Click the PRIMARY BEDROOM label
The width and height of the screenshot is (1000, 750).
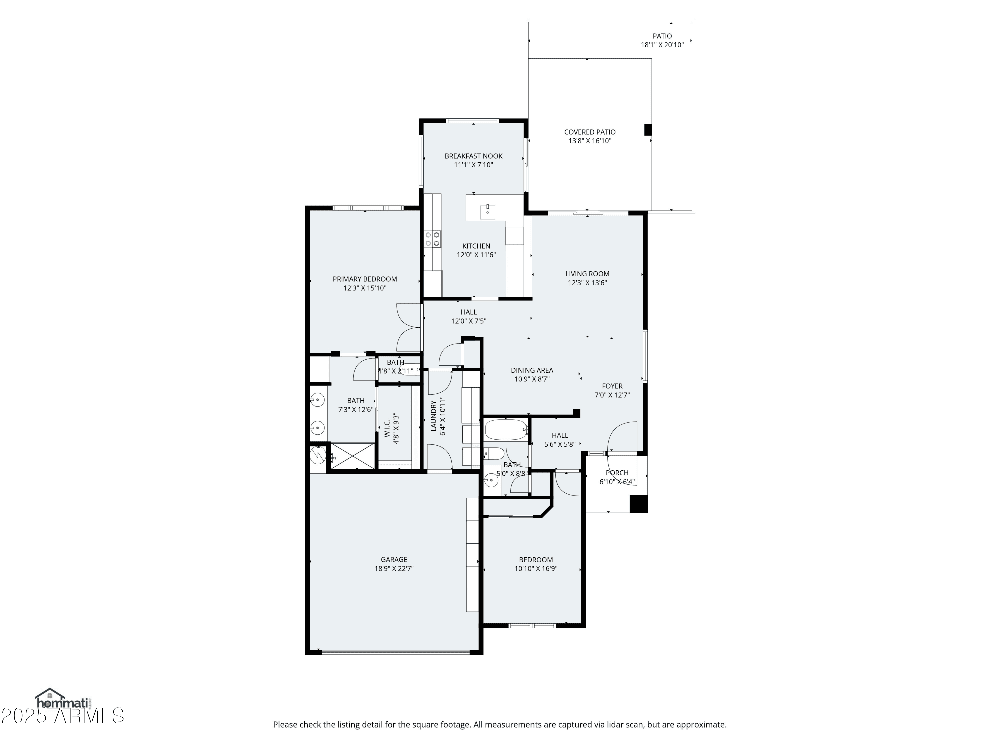(365, 279)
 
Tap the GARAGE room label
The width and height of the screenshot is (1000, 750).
(394, 560)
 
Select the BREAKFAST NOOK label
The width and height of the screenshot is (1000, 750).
(473, 156)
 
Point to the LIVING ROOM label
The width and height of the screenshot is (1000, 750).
(587, 274)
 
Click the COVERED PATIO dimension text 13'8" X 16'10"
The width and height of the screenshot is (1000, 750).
(590, 141)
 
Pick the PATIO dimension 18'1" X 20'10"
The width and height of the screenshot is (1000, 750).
(662, 45)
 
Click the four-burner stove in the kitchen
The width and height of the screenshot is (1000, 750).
(432, 239)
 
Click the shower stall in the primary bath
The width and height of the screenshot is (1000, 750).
(353, 456)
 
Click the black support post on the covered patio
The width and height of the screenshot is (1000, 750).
(648, 130)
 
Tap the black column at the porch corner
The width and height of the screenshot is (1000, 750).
(638, 504)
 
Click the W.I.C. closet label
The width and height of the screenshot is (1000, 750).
(387, 428)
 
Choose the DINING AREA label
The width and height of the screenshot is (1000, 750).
(532, 370)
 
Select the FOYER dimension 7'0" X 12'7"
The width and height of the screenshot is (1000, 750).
(612, 395)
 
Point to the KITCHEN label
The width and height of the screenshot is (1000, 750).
(476, 246)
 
